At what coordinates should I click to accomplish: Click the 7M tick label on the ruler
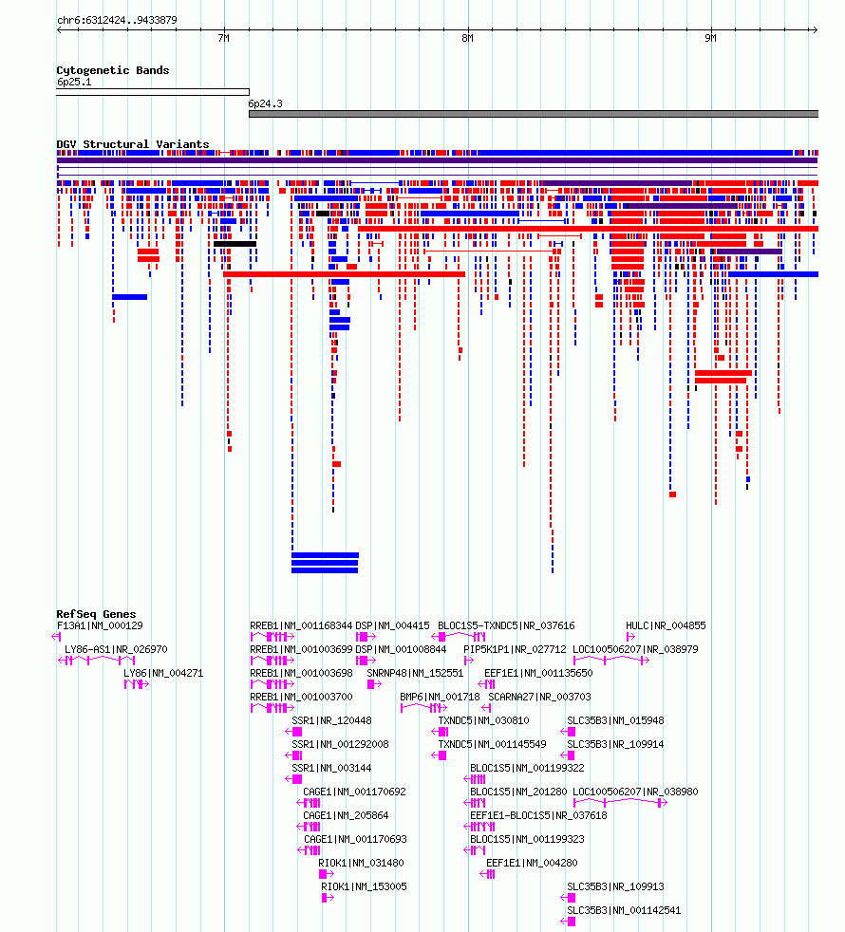point(223,38)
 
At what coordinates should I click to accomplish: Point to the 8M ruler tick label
point(467,38)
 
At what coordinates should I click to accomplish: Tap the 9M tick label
point(710,38)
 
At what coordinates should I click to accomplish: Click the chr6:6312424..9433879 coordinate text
point(117,20)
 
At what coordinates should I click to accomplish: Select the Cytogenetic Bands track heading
point(113,70)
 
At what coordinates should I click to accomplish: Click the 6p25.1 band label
point(74,82)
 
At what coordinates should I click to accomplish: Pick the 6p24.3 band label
point(265,103)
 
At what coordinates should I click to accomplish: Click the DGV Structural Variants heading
point(133,144)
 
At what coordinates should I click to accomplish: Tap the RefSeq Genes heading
point(96,614)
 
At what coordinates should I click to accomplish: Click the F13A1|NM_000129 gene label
point(100,625)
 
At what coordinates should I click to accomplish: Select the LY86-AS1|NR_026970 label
point(116,650)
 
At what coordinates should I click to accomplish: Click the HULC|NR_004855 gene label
point(666,625)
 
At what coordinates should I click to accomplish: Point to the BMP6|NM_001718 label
point(440,697)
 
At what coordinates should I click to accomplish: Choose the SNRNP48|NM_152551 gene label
point(415,674)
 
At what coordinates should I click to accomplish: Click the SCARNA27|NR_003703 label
point(540,697)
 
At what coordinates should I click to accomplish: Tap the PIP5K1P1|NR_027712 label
point(515,650)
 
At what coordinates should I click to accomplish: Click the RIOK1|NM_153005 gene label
point(364,886)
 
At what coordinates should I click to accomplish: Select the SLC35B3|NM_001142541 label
point(624,910)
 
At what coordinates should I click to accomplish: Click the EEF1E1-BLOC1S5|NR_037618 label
point(538,815)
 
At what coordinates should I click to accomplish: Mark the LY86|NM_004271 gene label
point(163,674)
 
